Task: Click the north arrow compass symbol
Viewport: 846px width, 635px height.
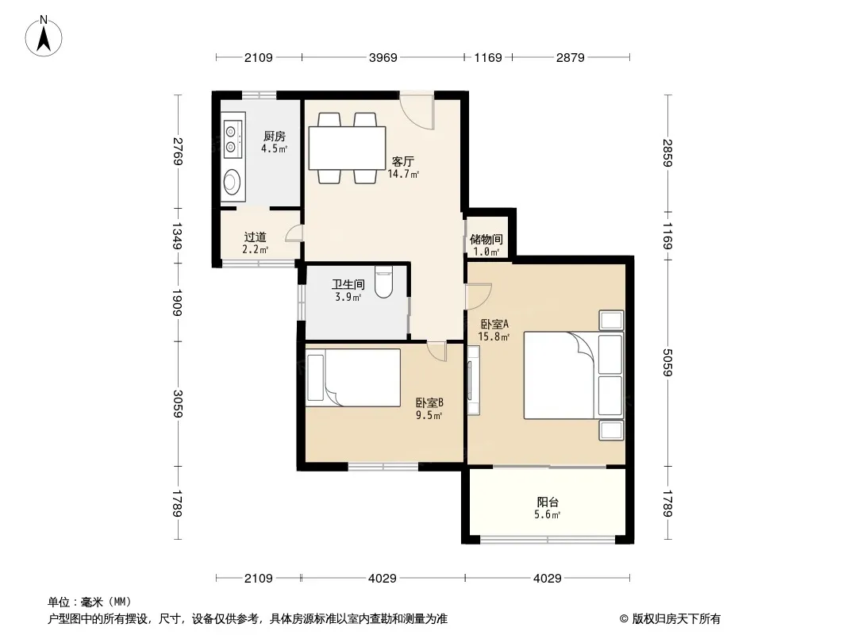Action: [44, 36]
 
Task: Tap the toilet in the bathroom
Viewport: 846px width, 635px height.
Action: [383, 282]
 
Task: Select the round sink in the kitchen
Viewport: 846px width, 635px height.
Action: [233, 182]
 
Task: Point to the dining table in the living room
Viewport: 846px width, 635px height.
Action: [347, 148]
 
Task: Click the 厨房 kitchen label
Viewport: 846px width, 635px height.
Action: [274, 137]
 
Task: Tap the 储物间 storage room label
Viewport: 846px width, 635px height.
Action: [486, 239]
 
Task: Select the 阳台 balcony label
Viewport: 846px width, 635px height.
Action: [548, 502]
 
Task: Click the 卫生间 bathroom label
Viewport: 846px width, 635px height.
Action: [348, 284]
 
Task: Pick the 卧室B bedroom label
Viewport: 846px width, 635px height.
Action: [429, 402]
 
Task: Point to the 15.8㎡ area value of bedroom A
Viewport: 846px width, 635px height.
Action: [494, 337]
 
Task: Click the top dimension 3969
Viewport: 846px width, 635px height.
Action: [383, 57]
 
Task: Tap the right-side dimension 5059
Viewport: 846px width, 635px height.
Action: [668, 362]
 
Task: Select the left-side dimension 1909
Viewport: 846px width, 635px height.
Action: [178, 302]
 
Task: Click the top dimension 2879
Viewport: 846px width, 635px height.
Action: [571, 57]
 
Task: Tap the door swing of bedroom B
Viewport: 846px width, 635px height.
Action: [437, 351]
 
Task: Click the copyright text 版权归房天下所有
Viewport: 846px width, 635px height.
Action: [676, 619]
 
